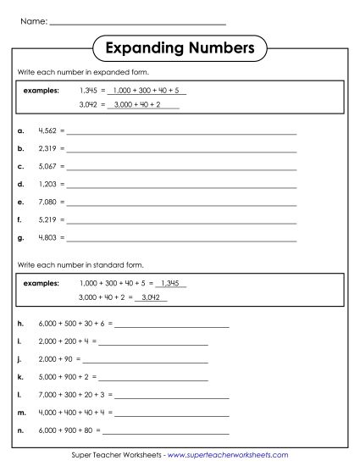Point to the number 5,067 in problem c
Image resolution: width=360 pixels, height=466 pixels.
tap(48, 167)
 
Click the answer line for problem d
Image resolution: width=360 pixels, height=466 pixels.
tap(182, 186)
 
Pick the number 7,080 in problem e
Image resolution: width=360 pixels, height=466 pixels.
tap(48, 202)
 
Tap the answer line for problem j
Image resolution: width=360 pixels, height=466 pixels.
tap(145, 360)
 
